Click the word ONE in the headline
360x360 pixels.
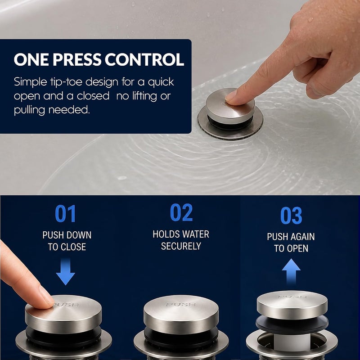pos(31,59)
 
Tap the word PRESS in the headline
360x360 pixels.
pos(77,59)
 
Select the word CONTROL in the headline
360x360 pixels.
pos(144,59)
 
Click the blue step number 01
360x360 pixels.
pos(65,213)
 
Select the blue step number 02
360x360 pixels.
pos(181,212)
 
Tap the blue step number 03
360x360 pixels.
pos(291,215)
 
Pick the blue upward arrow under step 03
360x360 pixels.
pos(291,272)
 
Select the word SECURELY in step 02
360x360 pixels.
pos(181,246)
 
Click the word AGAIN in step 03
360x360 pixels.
pos(301,237)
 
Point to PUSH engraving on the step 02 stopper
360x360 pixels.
pos(181,305)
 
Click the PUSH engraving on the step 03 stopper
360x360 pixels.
pos(292,297)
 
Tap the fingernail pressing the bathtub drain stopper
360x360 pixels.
pos(231,95)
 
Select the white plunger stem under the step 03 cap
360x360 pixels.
pos(292,342)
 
